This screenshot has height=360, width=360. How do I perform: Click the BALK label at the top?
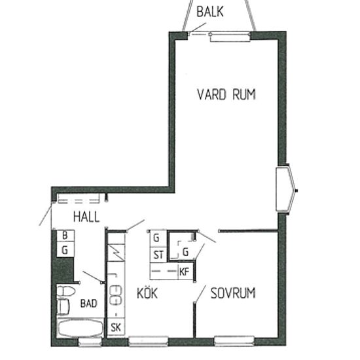click(x=210, y=12)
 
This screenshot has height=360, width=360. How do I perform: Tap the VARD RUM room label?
click(x=226, y=94)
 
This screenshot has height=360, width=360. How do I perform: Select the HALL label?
click(x=86, y=217)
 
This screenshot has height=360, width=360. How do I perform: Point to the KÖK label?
click(x=147, y=293)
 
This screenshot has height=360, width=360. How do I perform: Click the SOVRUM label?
click(x=233, y=293)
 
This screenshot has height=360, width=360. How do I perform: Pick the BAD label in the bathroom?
click(x=88, y=303)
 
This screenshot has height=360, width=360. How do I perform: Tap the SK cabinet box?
click(x=116, y=327)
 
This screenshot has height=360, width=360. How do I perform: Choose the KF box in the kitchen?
click(x=186, y=272)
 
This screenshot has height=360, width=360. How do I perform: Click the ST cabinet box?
click(x=158, y=255)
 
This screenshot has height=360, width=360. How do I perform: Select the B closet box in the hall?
click(x=65, y=236)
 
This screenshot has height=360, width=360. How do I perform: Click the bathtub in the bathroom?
click(x=81, y=328)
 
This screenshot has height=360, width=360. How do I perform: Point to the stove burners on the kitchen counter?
click(x=116, y=295)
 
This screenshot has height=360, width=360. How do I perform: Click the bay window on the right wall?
click(x=285, y=189)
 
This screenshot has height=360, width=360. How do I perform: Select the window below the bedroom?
click(x=234, y=341)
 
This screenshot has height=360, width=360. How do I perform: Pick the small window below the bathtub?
click(x=90, y=342)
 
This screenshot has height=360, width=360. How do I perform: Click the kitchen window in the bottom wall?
click(x=148, y=341)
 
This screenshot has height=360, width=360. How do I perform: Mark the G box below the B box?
click(x=65, y=249)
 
